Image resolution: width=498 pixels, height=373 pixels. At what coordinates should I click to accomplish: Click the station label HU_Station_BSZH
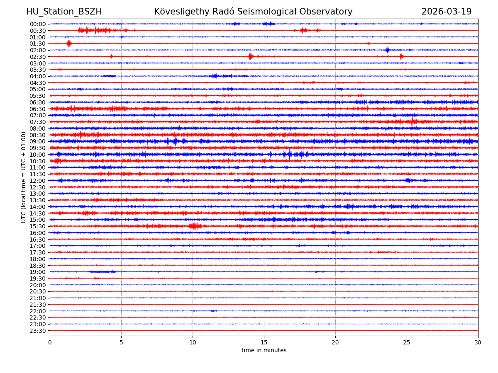(x=64, y=12)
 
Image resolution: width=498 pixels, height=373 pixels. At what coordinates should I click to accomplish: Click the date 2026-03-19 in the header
(x=447, y=12)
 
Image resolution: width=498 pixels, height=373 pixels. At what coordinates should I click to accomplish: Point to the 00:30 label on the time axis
(x=38, y=31)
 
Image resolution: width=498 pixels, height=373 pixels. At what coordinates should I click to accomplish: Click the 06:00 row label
(x=38, y=102)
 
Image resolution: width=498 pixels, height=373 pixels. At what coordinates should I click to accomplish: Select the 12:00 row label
(x=38, y=181)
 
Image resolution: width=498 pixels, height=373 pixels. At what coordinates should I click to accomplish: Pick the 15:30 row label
(x=38, y=226)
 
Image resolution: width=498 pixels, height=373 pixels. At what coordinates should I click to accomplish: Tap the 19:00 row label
(x=38, y=272)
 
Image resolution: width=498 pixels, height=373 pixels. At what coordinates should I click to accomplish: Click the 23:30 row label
(x=38, y=331)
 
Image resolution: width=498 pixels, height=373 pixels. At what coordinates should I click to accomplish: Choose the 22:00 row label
(x=38, y=311)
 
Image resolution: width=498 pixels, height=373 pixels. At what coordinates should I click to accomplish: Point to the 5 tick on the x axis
(x=121, y=343)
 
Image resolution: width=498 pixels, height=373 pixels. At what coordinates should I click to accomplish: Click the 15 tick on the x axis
(x=264, y=343)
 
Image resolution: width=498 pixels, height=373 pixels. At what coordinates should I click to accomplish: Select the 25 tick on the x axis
(x=407, y=343)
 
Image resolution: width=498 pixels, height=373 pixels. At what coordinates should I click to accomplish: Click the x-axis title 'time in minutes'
(x=264, y=351)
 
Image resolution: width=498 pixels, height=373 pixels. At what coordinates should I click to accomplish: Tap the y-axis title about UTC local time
(x=24, y=177)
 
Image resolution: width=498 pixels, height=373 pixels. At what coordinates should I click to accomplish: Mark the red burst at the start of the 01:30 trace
(x=69, y=44)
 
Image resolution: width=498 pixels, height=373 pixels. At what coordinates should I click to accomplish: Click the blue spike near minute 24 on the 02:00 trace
(x=388, y=50)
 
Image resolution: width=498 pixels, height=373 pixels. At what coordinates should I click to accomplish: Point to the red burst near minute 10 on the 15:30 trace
(x=194, y=226)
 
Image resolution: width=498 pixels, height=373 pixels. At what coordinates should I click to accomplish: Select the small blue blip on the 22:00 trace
(x=213, y=311)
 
